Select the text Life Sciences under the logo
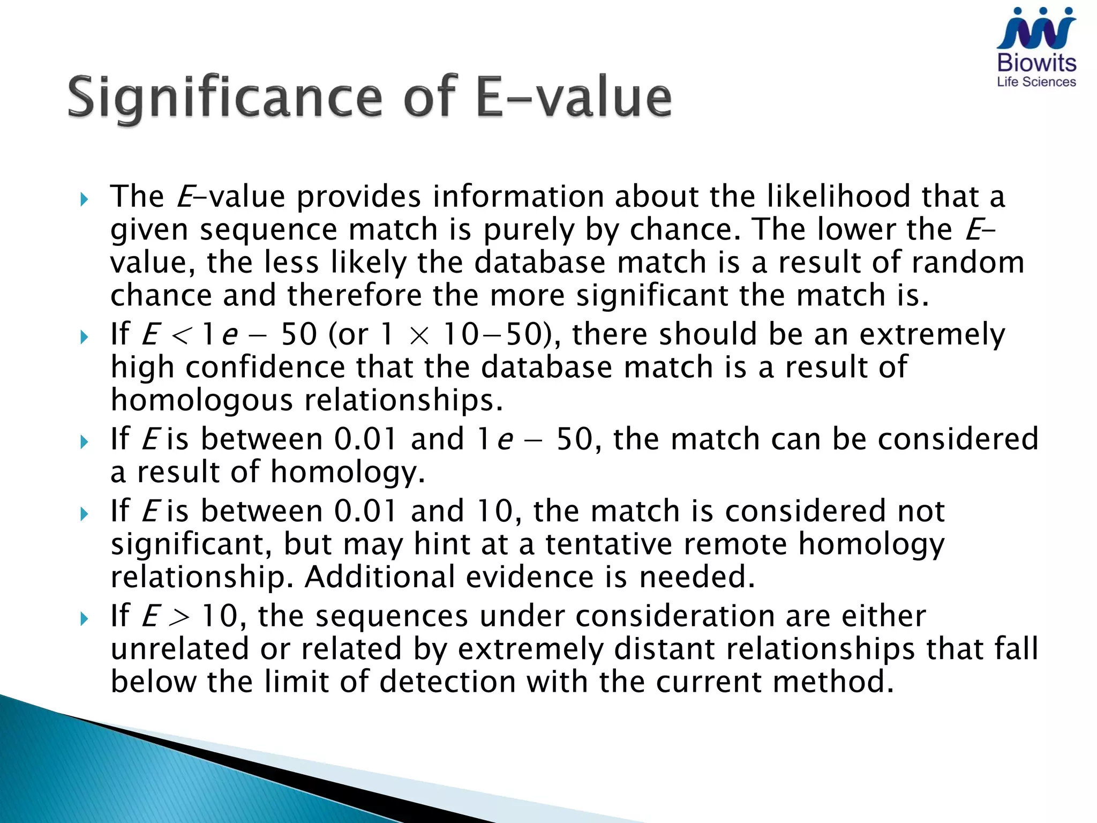pos(1036,82)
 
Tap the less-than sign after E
pos(180,336)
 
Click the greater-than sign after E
pos(179,617)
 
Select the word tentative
pos(609,544)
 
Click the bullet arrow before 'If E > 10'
pos(84,619)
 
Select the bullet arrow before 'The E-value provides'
pos(84,200)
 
